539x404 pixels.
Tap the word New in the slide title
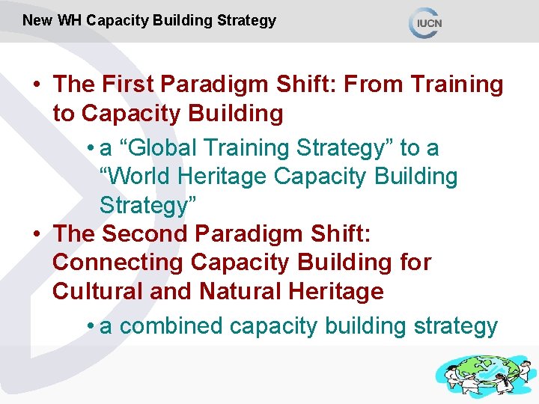[37, 21]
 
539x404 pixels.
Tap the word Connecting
[118, 262]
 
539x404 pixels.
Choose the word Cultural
[97, 290]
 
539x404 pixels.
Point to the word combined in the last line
[171, 326]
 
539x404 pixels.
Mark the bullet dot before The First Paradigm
[37, 85]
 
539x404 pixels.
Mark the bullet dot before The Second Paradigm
[37, 233]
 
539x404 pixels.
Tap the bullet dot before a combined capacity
[89, 326]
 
